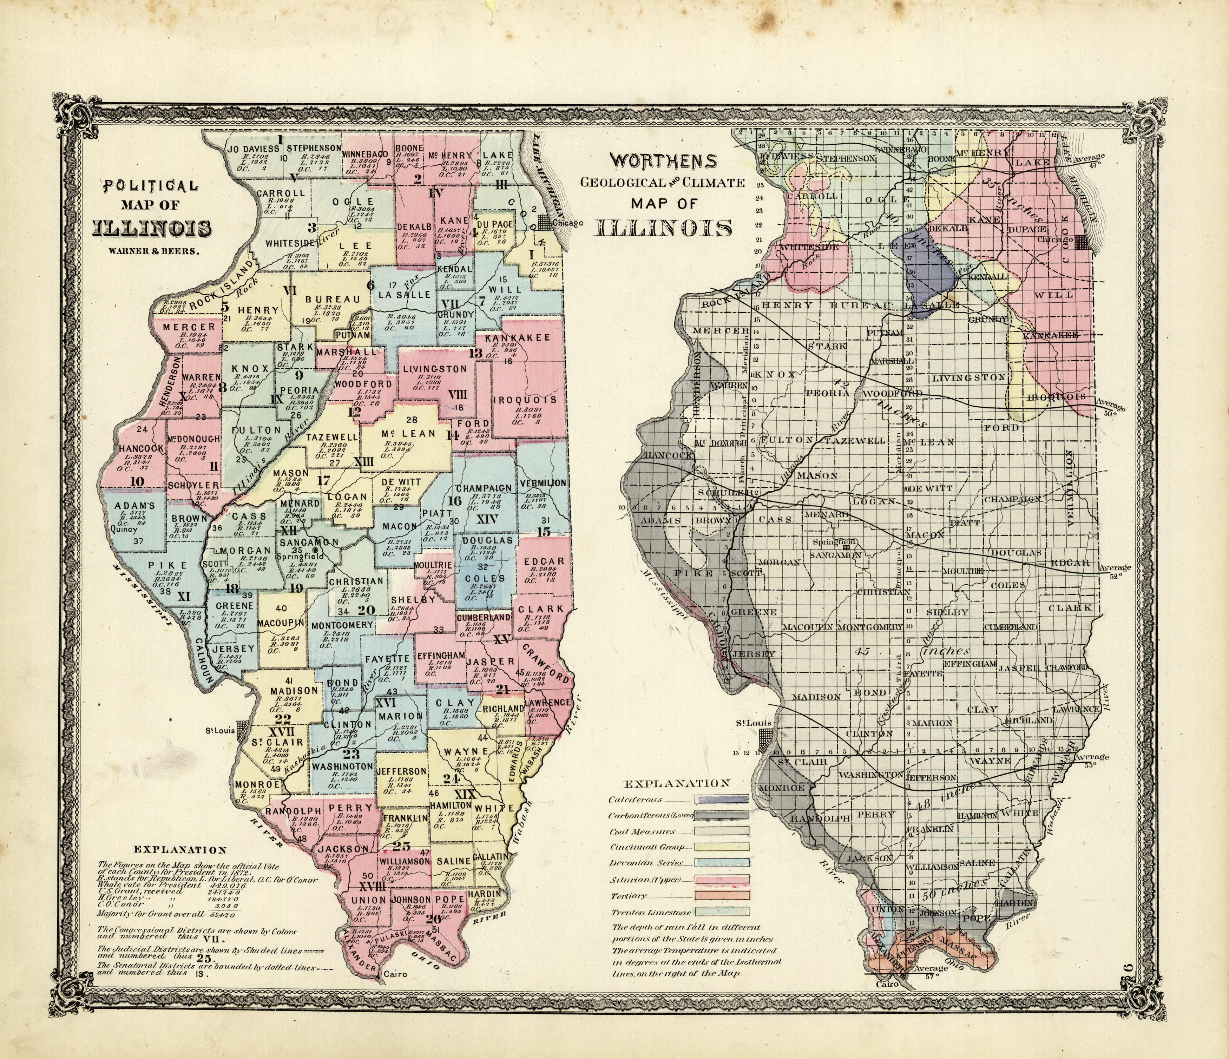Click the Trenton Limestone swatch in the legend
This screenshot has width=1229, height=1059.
pos(721,911)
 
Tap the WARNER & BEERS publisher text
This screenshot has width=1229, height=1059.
pos(154,251)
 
